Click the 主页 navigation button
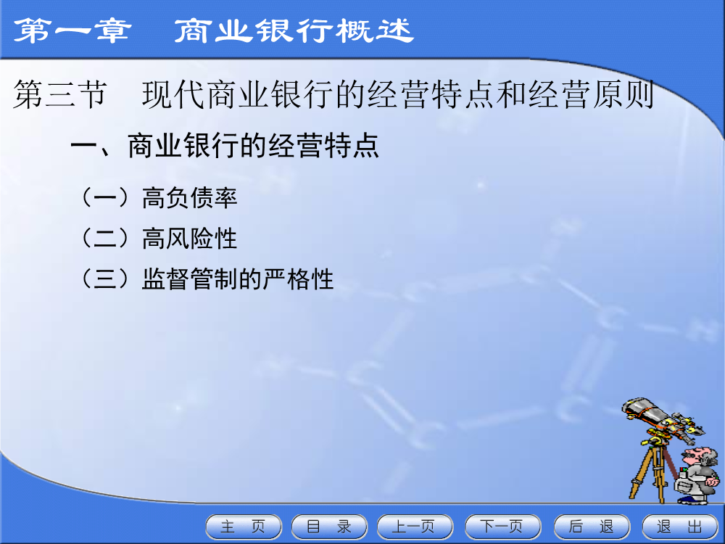pyautogui.click(x=244, y=527)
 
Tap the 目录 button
pyautogui.click(x=329, y=527)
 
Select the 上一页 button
pyautogui.click(x=415, y=527)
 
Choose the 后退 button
pyautogui.click(x=592, y=527)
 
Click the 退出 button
pyautogui.click(x=680, y=527)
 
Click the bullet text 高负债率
pyautogui.click(x=189, y=198)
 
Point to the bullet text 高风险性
pyautogui.click(x=189, y=239)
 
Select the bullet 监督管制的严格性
pyautogui.click(x=238, y=279)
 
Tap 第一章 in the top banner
pyautogui.click(x=72, y=30)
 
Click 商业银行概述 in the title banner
pyautogui.click(x=294, y=30)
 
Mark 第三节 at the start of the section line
pyautogui.click(x=60, y=94)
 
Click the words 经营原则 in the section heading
pyautogui.click(x=592, y=94)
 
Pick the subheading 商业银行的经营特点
pyautogui.click(x=253, y=147)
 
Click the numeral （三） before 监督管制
pyautogui.click(x=105, y=279)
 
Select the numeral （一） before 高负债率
pyautogui.click(x=105, y=198)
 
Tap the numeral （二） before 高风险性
pyautogui.click(x=105, y=239)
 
